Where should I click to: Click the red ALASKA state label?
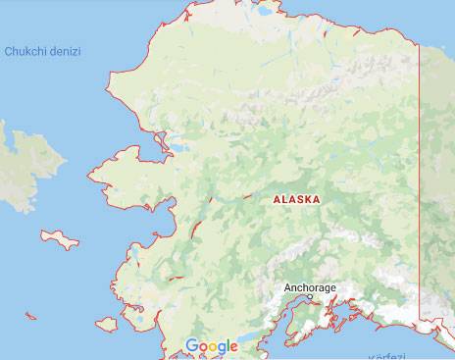[x=295, y=199]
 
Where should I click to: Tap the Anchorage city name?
[x=310, y=287]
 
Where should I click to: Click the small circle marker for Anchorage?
[x=310, y=296]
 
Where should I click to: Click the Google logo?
[x=212, y=346]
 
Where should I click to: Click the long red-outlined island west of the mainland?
[x=60, y=237]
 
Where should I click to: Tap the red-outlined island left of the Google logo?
[x=107, y=323]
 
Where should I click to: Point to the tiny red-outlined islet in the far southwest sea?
[x=30, y=316]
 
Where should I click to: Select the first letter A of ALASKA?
[x=276, y=199]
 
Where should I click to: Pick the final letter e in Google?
[x=233, y=347]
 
